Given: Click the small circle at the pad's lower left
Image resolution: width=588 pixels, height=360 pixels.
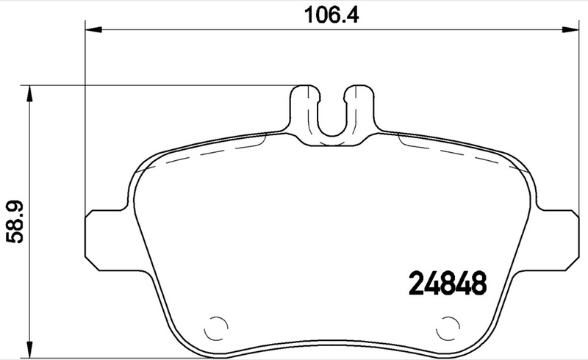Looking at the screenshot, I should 217,326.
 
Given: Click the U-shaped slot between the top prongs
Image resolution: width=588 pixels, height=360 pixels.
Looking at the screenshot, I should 332,118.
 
